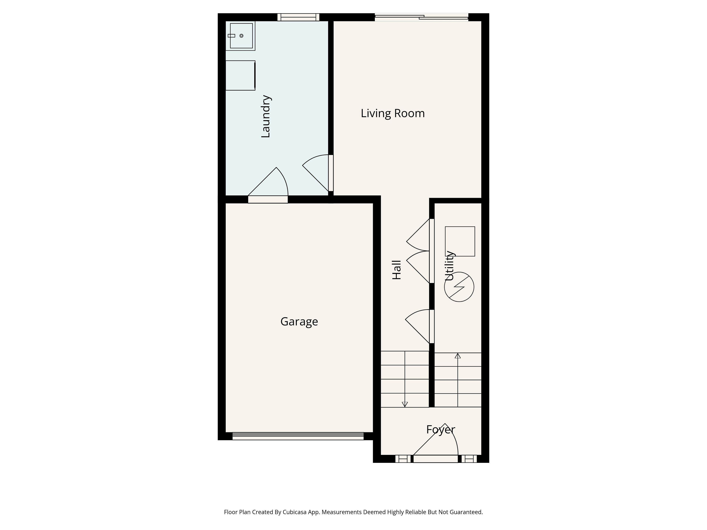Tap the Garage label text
pos(299,321)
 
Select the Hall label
pos(397,270)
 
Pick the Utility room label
pos(449,266)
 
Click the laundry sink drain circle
pos(241,36)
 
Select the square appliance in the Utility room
pos(460,241)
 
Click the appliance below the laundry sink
pos(240,75)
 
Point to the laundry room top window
pos(298,17)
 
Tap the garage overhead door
pos(298,436)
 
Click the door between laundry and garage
pos(268,199)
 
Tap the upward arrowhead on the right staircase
pos(458,356)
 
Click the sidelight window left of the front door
pos(403,459)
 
